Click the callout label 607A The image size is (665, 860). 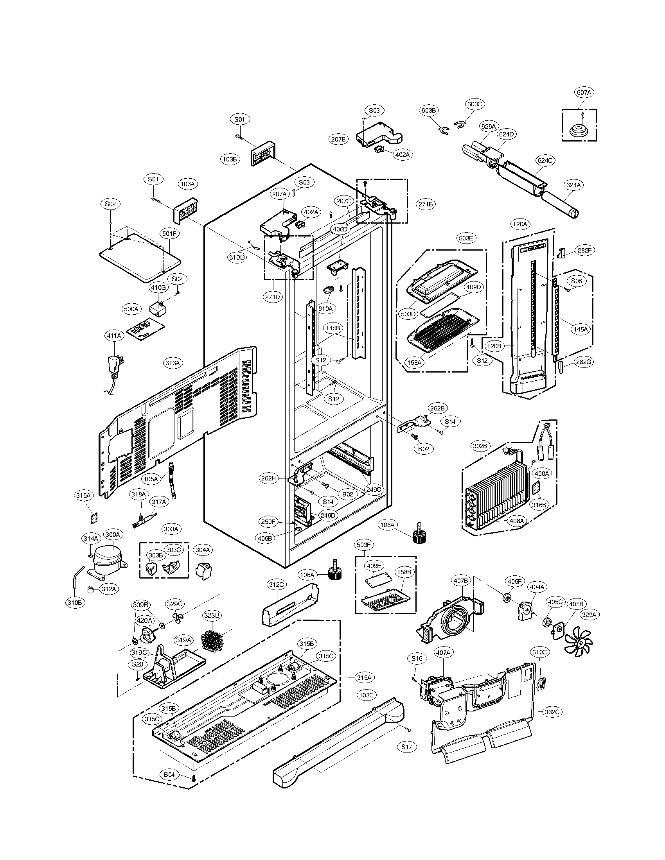click(x=584, y=92)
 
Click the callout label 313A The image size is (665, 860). click(x=172, y=363)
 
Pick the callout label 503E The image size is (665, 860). click(x=465, y=238)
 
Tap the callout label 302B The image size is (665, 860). click(x=480, y=446)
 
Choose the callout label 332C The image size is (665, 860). click(x=552, y=712)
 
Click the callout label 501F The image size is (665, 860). click(x=169, y=233)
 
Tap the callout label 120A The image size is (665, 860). click(x=519, y=224)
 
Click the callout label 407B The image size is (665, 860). click(x=460, y=580)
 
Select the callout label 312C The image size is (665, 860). click(x=276, y=585)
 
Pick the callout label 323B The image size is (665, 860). click(x=212, y=615)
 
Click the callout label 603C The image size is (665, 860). click(x=474, y=104)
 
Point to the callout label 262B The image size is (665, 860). click(x=437, y=408)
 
